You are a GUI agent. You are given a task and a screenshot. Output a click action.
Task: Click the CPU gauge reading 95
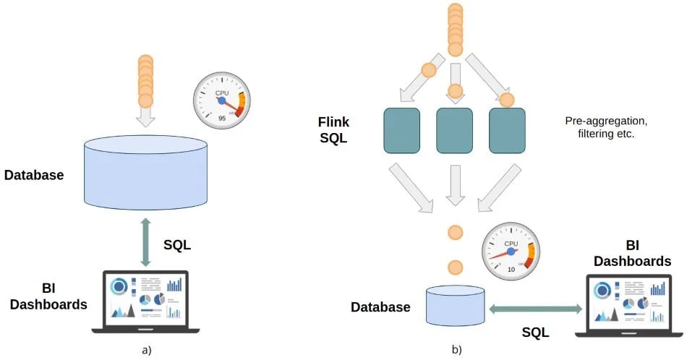coord(221,100)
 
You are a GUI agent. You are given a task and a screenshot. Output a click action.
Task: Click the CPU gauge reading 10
coord(511,251)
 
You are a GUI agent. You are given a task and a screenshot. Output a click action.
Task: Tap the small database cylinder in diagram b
coord(455,306)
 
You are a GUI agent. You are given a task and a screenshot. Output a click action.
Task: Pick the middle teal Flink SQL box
coord(455,130)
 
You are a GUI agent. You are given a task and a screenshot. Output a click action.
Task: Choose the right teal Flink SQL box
coord(507,130)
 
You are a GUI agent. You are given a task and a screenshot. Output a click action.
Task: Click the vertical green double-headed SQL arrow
coord(145,244)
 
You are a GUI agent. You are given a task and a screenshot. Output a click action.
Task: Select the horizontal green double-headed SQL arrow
coord(536,309)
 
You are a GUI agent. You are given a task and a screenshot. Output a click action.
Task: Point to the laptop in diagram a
coord(145,301)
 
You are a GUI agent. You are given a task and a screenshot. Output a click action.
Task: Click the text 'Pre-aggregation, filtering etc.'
coord(599,127)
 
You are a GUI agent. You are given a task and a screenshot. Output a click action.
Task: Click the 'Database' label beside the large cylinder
coord(33,175)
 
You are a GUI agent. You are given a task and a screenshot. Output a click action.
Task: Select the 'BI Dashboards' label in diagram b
coord(632,253)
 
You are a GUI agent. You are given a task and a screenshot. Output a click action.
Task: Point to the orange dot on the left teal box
coord(429,70)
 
